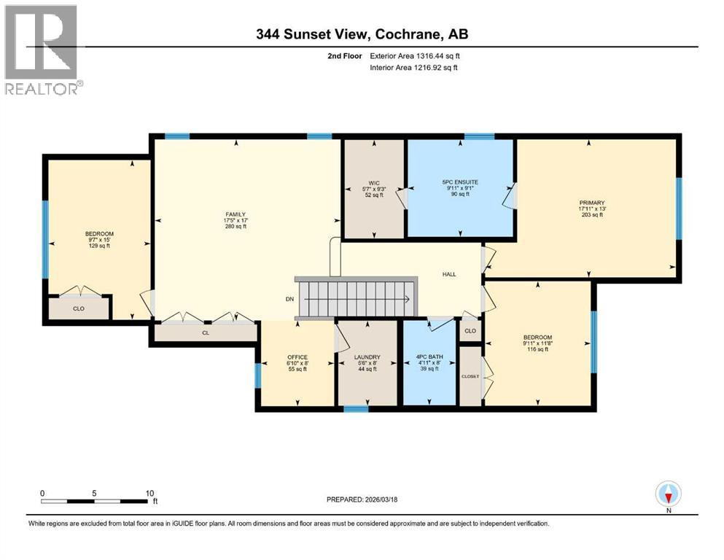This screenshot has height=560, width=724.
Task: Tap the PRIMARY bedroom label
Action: point(592,203)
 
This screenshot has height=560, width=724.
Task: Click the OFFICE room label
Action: point(297,357)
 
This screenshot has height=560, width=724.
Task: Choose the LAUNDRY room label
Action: point(367,357)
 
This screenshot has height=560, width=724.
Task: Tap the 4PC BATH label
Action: point(430,357)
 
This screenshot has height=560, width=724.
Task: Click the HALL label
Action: point(449,274)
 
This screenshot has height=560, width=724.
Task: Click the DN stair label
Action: point(289,298)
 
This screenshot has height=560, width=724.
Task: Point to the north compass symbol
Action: point(668,494)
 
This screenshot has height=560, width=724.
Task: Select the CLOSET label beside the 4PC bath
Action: point(470,376)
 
